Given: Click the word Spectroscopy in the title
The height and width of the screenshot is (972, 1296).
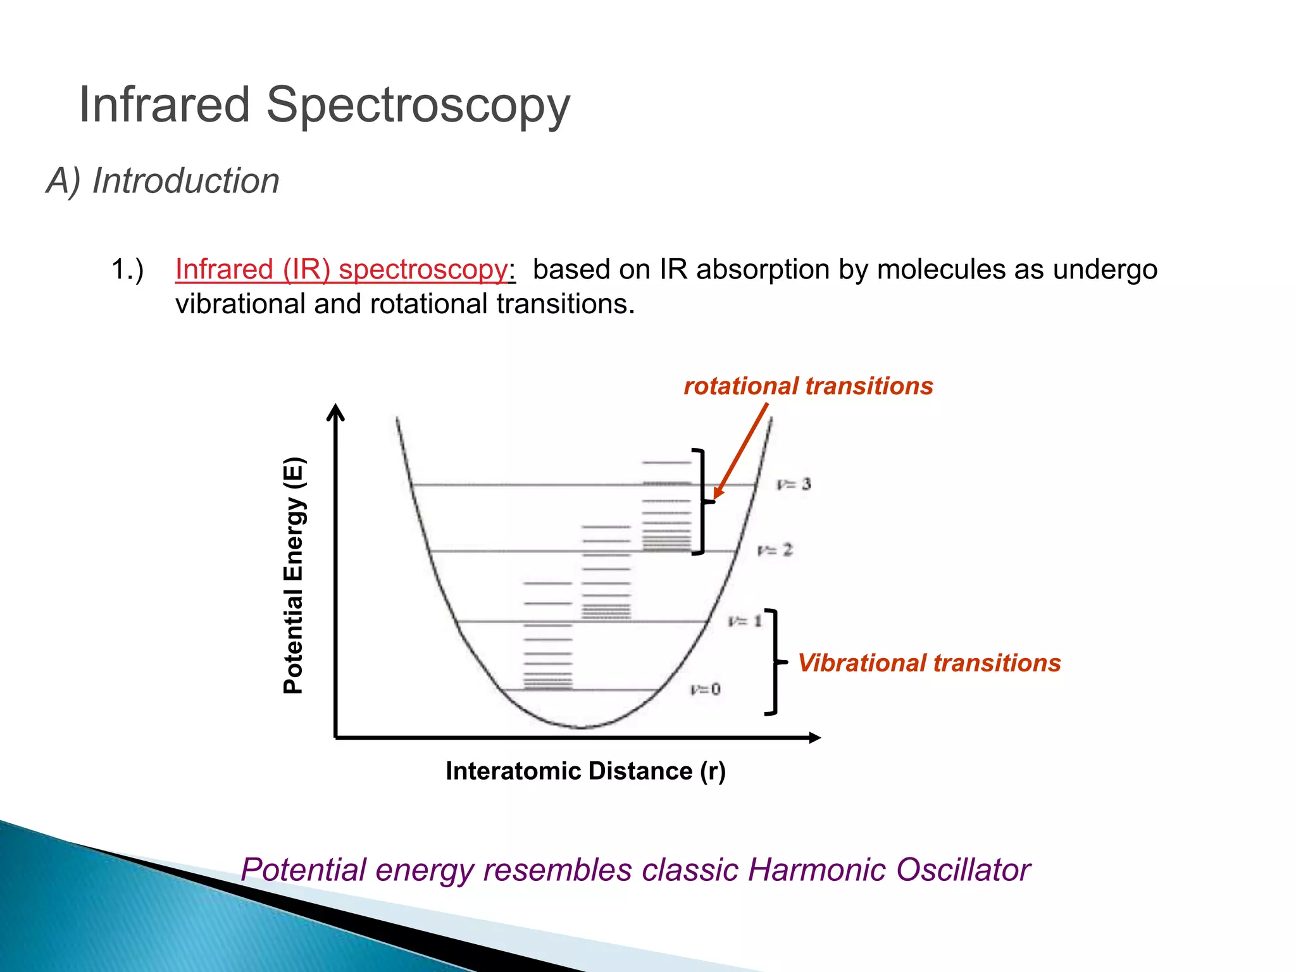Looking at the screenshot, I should point(418,106).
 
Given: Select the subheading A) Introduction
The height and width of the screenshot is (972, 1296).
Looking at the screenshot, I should point(163,181).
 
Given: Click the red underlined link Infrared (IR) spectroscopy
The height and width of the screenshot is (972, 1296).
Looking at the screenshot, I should point(342,270).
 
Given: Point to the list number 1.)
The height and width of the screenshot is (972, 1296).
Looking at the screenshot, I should point(127,270).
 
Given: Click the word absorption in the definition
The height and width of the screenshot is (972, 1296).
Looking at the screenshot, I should point(761,270).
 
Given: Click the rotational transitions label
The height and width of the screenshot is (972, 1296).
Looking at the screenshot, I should point(808,386).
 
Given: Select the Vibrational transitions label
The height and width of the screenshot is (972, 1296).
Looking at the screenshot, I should point(929,663).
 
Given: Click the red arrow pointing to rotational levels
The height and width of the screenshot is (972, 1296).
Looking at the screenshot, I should point(742,451).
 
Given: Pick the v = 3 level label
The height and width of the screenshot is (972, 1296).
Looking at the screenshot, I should point(794,485).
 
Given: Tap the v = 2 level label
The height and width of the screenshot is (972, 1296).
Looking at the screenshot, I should point(775,550).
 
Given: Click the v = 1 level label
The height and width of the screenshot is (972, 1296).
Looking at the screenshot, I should point(745,621).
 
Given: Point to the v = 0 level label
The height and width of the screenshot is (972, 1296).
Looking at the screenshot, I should point(706,689).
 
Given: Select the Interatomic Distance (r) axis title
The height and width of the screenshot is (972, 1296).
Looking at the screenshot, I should point(585,771).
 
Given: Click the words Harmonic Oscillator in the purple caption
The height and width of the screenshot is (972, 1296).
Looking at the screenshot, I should point(889,870).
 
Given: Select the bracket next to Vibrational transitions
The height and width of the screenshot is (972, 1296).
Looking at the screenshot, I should point(775,662).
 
